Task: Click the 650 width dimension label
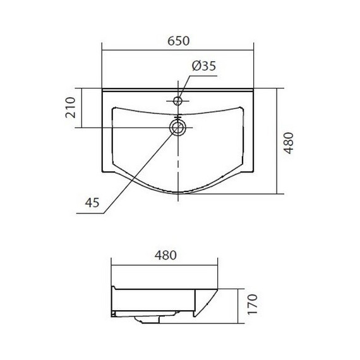(178, 41)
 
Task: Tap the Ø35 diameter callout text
(204, 66)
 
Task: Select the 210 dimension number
(71, 107)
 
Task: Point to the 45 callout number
(92, 203)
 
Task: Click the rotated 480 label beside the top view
(289, 143)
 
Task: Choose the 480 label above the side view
(165, 255)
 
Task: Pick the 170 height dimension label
(253, 304)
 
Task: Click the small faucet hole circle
(177, 100)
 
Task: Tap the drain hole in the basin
(177, 128)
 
